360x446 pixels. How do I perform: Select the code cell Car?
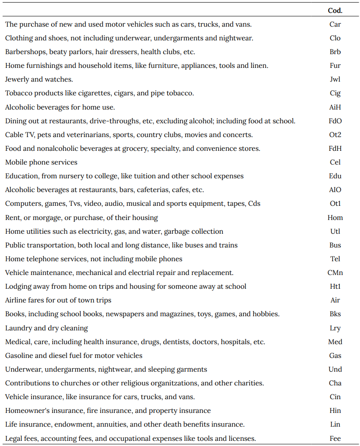pyautogui.click(x=335, y=24)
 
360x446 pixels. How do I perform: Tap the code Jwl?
pyautogui.click(x=335, y=79)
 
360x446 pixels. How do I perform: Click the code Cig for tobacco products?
pyautogui.click(x=335, y=93)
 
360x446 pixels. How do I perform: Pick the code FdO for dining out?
pyautogui.click(x=335, y=121)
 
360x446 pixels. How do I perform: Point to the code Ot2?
pyautogui.click(x=335, y=135)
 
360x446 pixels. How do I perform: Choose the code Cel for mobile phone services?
pyautogui.click(x=335, y=162)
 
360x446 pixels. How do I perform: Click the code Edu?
pyautogui.click(x=335, y=176)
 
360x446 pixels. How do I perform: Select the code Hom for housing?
pyautogui.click(x=335, y=217)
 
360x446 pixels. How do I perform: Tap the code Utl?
pyautogui.click(x=335, y=231)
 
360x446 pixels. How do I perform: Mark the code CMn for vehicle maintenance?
pyautogui.click(x=335, y=273)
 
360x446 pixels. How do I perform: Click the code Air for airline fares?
pyautogui.click(x=335, y=300)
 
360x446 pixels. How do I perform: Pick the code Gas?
pyautogui.click(x=335, y=355)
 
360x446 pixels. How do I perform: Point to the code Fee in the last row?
pyautogui.click(x=335, y=438)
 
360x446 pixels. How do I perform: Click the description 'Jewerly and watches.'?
pyautogui.click(x=39, y=79)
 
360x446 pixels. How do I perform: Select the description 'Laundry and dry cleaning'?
pyautogui.click(x=46, y=328)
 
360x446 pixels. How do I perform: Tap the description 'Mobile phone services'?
pyautogui.click(x=41, y=162)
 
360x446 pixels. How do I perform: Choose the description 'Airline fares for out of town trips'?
pyautogui.click(x=58, y=300)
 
